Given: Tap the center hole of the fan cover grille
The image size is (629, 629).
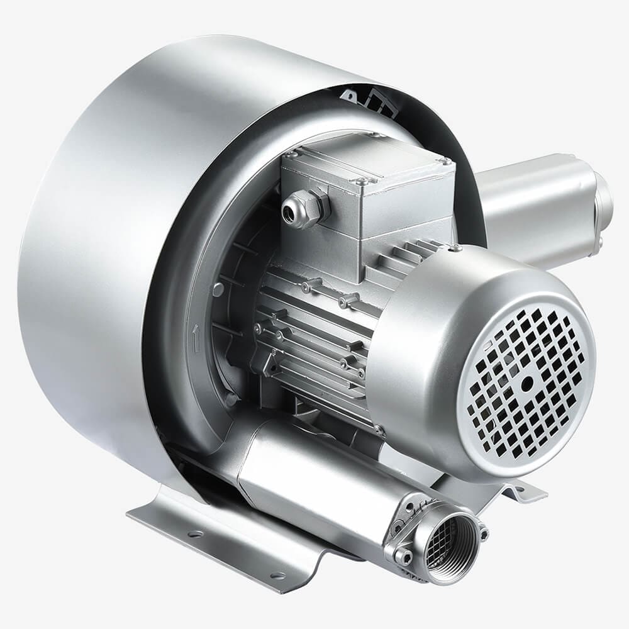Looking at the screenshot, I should point(527,382).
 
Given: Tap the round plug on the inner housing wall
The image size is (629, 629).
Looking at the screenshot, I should point(218,289).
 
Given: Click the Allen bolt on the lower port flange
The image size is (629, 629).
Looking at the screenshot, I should point(403,555).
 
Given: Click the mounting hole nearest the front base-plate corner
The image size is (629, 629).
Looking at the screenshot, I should point(274,576).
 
